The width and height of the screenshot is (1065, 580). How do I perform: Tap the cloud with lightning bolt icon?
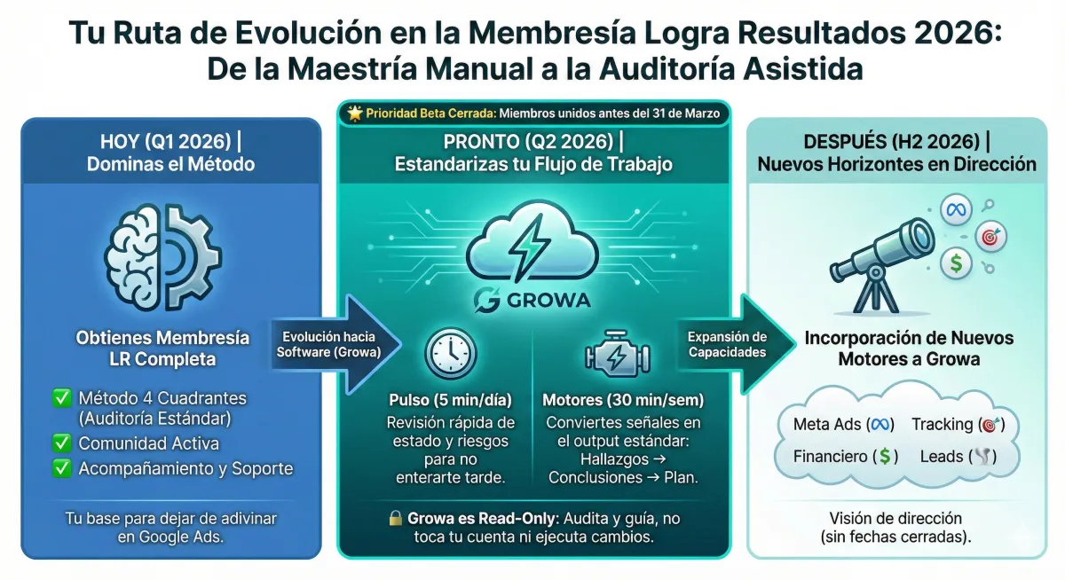pyautogui.click(x=532, y=249)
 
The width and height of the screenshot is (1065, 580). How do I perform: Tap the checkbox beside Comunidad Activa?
pyautogui.click(x=62, y=443)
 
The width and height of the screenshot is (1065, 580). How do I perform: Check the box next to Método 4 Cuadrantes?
pyautogui.click(x=62, y=399)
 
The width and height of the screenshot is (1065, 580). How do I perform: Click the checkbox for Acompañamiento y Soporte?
pyautogui.click(x=62, y=468)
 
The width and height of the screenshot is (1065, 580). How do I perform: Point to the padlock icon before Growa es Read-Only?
pyautogui.click(x=396, y=519)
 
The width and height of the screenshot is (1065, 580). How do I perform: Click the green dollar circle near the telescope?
pyautogui.click(x=956, y=263)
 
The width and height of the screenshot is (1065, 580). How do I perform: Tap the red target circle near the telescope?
pyautogui.click(x=990, y=237)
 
